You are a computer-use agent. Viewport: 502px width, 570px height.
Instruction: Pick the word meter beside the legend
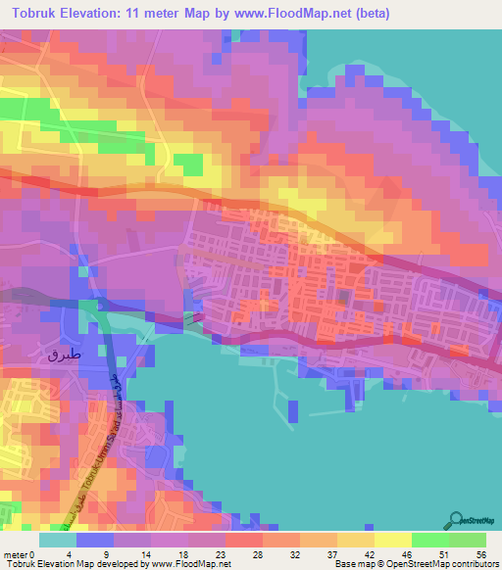pos(19,554)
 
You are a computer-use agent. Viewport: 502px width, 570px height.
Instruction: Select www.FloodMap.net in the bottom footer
pos(187,564)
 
